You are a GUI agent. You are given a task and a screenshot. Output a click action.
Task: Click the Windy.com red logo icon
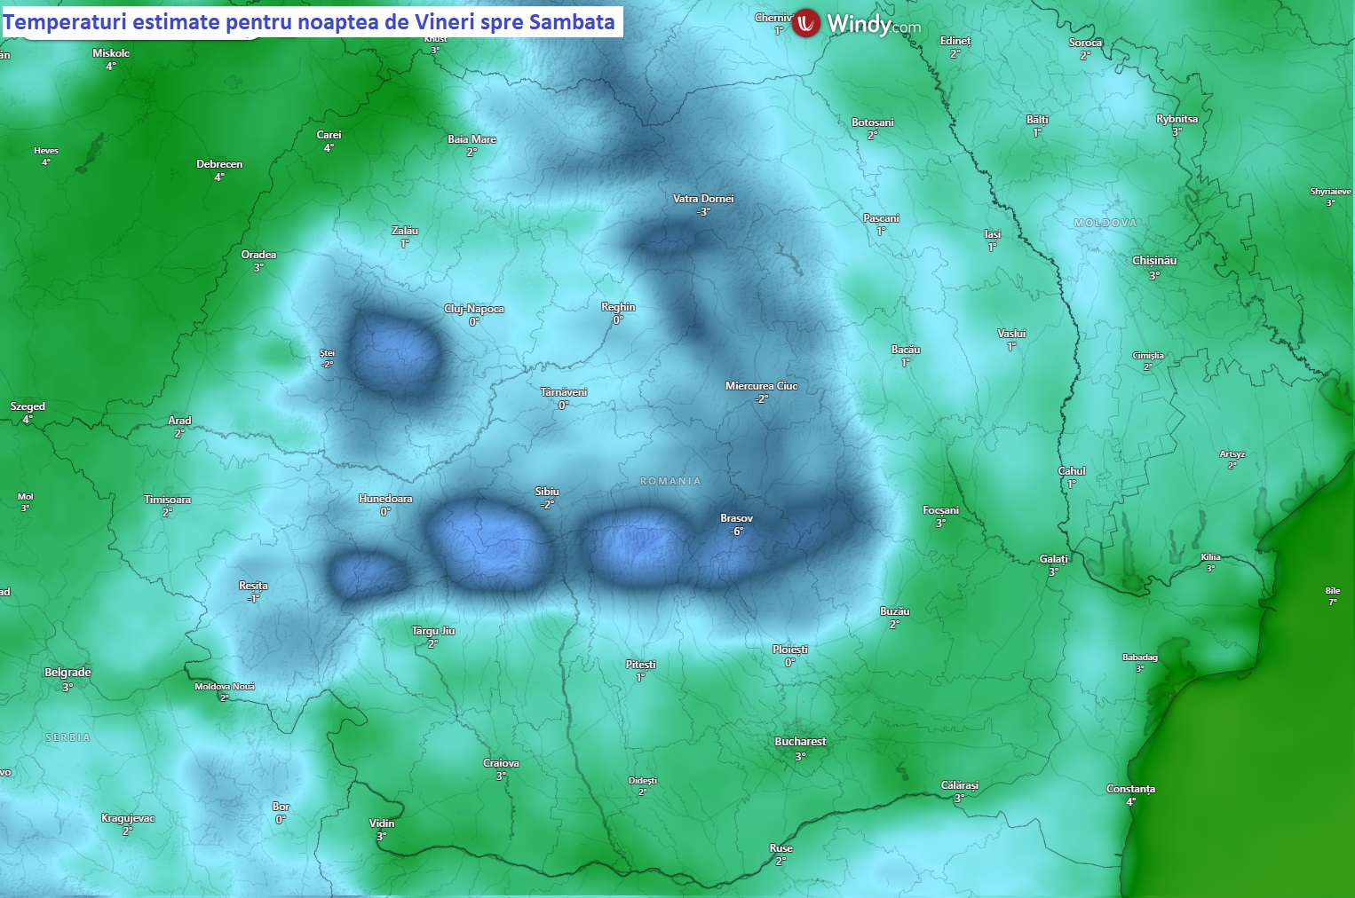(x=806, y=23)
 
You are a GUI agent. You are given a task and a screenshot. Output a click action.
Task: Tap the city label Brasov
(x=736, y=518)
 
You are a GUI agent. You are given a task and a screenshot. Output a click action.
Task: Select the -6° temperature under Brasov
(x=736, y=532)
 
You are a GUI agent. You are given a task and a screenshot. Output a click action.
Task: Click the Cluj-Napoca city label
(x=474, y=309)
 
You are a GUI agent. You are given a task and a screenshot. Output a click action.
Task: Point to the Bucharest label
(x=800, y=742)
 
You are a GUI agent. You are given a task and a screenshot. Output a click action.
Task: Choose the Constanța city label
(x=1130, y=789)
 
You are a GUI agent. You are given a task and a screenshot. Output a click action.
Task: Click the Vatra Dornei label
(x=703, y=199)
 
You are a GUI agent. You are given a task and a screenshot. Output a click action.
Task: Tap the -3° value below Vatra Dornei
(x=703, y=212)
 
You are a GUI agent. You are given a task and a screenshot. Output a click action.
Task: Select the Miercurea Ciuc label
(x=761, y=386)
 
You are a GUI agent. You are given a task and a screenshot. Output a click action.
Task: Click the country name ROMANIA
(x=670, y=481)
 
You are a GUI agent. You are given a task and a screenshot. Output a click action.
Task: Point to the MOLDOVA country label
(x=1105, y=223)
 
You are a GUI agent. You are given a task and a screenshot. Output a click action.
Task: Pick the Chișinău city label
(x=1154, y=261)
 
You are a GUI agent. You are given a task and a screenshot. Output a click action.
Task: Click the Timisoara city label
(x=167, y=500)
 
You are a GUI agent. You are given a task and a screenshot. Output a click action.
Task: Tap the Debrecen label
(x=219, y=164)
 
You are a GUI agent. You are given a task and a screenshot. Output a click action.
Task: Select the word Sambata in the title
(x=572, y=22)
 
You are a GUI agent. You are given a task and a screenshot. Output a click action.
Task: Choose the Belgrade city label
(x=67, y=673)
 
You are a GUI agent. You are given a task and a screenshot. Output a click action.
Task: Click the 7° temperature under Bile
(x=1332, y=602)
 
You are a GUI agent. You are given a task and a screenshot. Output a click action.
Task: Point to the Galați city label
(x=1054, y=559)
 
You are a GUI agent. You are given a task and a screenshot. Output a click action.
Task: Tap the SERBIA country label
(x=67, y=737)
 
